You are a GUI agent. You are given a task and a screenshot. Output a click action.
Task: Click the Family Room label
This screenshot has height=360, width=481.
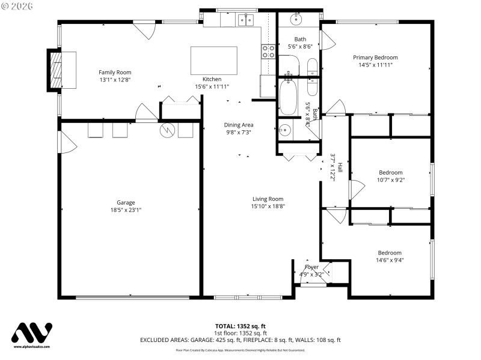click(x=115, y=72)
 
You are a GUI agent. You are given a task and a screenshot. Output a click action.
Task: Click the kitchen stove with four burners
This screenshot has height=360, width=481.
click(x=268, y=52)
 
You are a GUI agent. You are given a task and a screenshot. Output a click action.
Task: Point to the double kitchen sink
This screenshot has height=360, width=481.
click(x=245, y=20)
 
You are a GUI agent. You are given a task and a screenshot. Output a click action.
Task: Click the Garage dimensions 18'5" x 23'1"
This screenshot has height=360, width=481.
click(x=126, y=210)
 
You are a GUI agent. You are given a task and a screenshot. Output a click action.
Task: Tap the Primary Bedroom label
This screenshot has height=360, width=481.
click(x=375, y=58)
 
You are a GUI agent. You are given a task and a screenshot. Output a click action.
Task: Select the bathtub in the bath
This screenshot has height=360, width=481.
click(x=288, y=97)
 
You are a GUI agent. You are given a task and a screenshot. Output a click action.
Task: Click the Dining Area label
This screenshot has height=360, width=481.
click(x=239, y=125)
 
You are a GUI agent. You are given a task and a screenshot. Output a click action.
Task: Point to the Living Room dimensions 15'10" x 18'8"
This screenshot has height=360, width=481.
click(x=268, y=206)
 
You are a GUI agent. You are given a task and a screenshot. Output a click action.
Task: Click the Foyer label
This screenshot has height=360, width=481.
click(x=311, y=267)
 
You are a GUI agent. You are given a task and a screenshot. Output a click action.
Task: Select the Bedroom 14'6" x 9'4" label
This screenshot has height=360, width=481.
click(x=390, y=253)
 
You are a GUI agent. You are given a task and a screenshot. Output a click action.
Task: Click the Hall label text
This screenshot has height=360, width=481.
click(x=340, y=167)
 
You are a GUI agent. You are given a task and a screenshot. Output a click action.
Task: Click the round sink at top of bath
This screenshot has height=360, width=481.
click(x=296, y=19)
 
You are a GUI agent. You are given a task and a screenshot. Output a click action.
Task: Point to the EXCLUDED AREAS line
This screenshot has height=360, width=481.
click(x=240, y=340)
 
